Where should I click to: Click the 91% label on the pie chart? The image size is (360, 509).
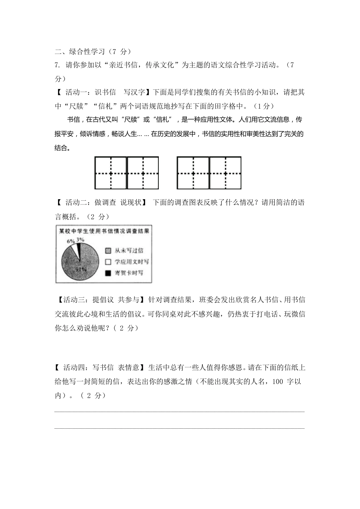point(80,269)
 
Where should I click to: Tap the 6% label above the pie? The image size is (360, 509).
point(70,241)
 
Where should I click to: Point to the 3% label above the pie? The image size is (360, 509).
point(80,239)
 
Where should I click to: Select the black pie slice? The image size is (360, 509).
point(78,249)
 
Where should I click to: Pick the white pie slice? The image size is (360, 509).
point(74,250)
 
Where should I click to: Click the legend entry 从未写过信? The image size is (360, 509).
point(128,250)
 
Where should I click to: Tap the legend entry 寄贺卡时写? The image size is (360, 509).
point(128,273)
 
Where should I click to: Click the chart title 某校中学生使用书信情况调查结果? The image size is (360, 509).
point(103,230)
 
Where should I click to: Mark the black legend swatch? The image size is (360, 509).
point(108,273)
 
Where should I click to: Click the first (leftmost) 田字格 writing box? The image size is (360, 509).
point(111,173)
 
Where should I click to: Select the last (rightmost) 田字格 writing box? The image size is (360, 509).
point(225,173)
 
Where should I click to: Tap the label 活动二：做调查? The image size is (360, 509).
point(91,203)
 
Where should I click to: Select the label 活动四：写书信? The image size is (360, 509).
point(89,367)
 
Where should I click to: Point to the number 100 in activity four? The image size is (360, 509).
point(278,381)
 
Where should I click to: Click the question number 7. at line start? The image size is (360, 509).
point(58,65)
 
